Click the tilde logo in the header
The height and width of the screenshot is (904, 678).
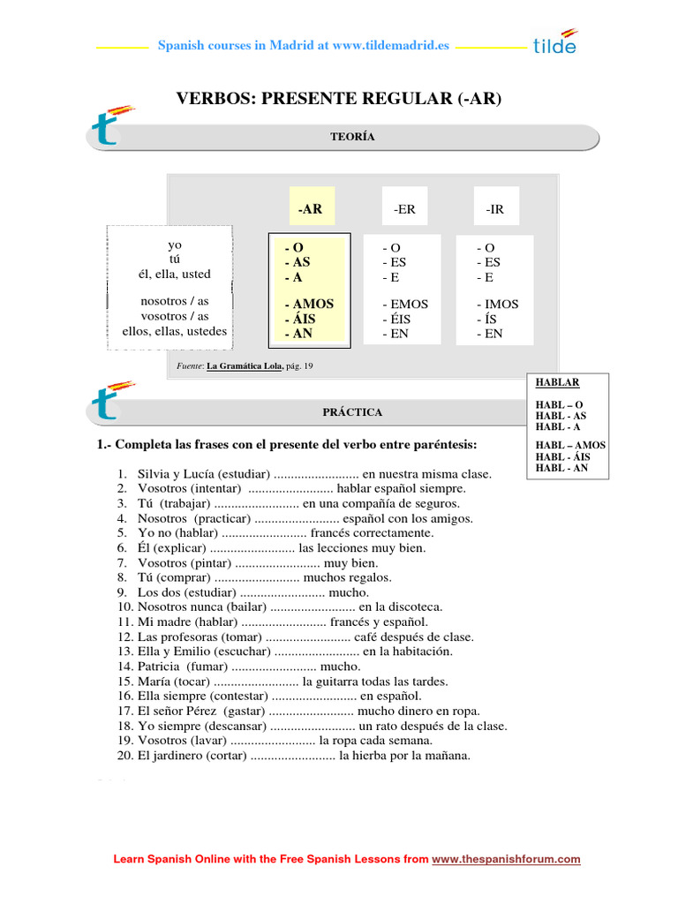click(554, 44)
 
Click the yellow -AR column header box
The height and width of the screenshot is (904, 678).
click(310, 209)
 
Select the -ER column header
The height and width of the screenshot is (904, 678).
click(404, 209)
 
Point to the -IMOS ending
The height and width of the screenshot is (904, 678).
click(497, 304)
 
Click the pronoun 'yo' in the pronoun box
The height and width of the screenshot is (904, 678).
click(175, 244)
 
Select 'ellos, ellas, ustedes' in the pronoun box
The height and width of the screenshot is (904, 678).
click(175, 331)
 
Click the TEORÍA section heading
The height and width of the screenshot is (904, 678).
click(352, 137)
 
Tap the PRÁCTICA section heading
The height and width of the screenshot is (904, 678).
click(352, 412)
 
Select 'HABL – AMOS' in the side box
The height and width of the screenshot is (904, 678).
click(570, 446)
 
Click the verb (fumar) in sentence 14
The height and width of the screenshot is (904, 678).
click(207, 667)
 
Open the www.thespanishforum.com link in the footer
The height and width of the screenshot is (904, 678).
click(506, 859)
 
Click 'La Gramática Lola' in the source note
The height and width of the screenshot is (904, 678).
click(245, 365)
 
